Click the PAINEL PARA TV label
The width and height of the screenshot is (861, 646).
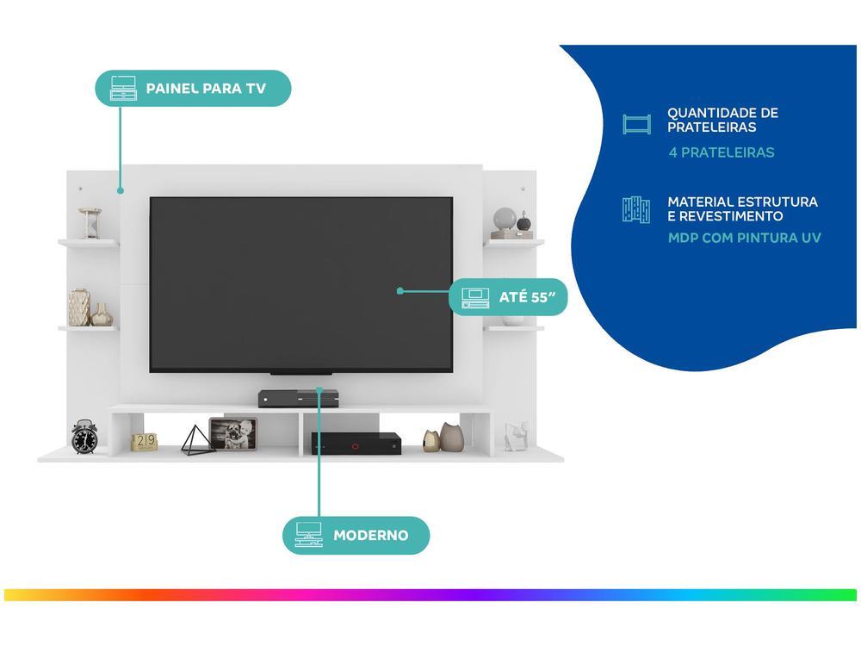[205, 89]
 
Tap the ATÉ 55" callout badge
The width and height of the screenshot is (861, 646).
[509, 297]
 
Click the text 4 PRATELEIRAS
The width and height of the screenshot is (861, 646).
[722, 152]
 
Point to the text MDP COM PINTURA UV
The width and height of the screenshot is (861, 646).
[745, 238]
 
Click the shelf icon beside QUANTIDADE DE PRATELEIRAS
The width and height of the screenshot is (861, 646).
[637, 124]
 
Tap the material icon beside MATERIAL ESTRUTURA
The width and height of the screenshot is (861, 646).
[636, 210]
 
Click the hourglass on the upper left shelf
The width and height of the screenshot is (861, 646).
[90, 223]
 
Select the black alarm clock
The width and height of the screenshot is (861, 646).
[84, 437]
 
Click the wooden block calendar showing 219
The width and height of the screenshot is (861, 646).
[144, 442]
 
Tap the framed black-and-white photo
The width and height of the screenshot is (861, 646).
[233, 434]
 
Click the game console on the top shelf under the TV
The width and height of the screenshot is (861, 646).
[298, 398]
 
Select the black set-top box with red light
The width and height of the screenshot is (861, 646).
[356, 443]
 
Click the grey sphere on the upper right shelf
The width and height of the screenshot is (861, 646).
[505, 218]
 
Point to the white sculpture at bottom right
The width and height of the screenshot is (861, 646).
[516, 436]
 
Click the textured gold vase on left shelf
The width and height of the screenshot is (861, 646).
[79, 307]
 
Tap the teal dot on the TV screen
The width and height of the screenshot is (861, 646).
[400, 291]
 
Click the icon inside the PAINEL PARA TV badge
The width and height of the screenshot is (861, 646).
[123, 89]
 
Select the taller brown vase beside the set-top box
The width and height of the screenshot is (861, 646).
[452, 437]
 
